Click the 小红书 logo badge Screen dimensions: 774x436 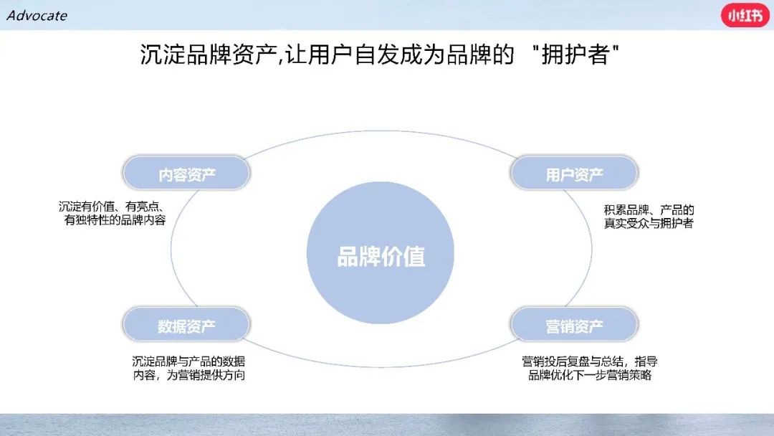[745, 15]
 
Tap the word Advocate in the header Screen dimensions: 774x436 [37, 15]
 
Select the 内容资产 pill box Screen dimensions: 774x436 [186, 174]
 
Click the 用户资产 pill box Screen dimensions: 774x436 [574, 174]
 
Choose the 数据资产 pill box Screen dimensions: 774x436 [186, 324]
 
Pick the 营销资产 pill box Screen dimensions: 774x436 [574, 324]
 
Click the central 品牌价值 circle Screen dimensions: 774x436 [381, 253]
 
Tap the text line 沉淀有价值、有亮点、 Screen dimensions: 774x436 [112, 207]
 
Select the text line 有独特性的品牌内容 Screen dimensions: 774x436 [115, 220]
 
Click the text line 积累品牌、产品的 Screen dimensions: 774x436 [649, 210]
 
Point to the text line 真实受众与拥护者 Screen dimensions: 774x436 [649, 224]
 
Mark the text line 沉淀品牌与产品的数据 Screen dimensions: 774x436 [188, 361]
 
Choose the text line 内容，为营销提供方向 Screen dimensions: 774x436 [189, 375]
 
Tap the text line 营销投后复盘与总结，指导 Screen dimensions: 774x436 [589, 361]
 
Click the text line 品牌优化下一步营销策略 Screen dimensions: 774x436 [590, 375]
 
